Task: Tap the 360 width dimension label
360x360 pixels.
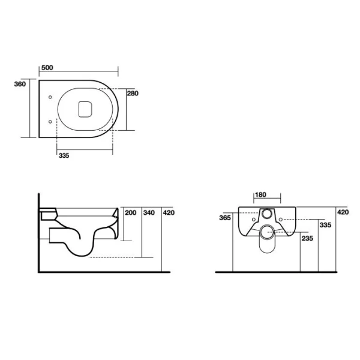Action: [x=20, y=85]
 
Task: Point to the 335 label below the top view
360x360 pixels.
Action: [x=64, y=156]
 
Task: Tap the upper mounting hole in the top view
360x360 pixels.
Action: [x=49, y=97]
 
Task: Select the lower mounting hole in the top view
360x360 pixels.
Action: [x=49, y=122]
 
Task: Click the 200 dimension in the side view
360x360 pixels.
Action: [x=130, y=213]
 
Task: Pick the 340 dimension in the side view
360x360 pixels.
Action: [x=150, y=213]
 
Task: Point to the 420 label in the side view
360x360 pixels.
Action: [x=169, y=213]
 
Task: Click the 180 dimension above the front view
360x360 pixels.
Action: [x=261, y=195]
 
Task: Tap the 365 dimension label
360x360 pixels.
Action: [x=226, y=218]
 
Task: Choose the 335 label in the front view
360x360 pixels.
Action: [x=325, y=225]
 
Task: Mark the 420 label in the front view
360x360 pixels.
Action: [x=343, y=212]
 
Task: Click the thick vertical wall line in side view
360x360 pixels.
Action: [x=38, y=234]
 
